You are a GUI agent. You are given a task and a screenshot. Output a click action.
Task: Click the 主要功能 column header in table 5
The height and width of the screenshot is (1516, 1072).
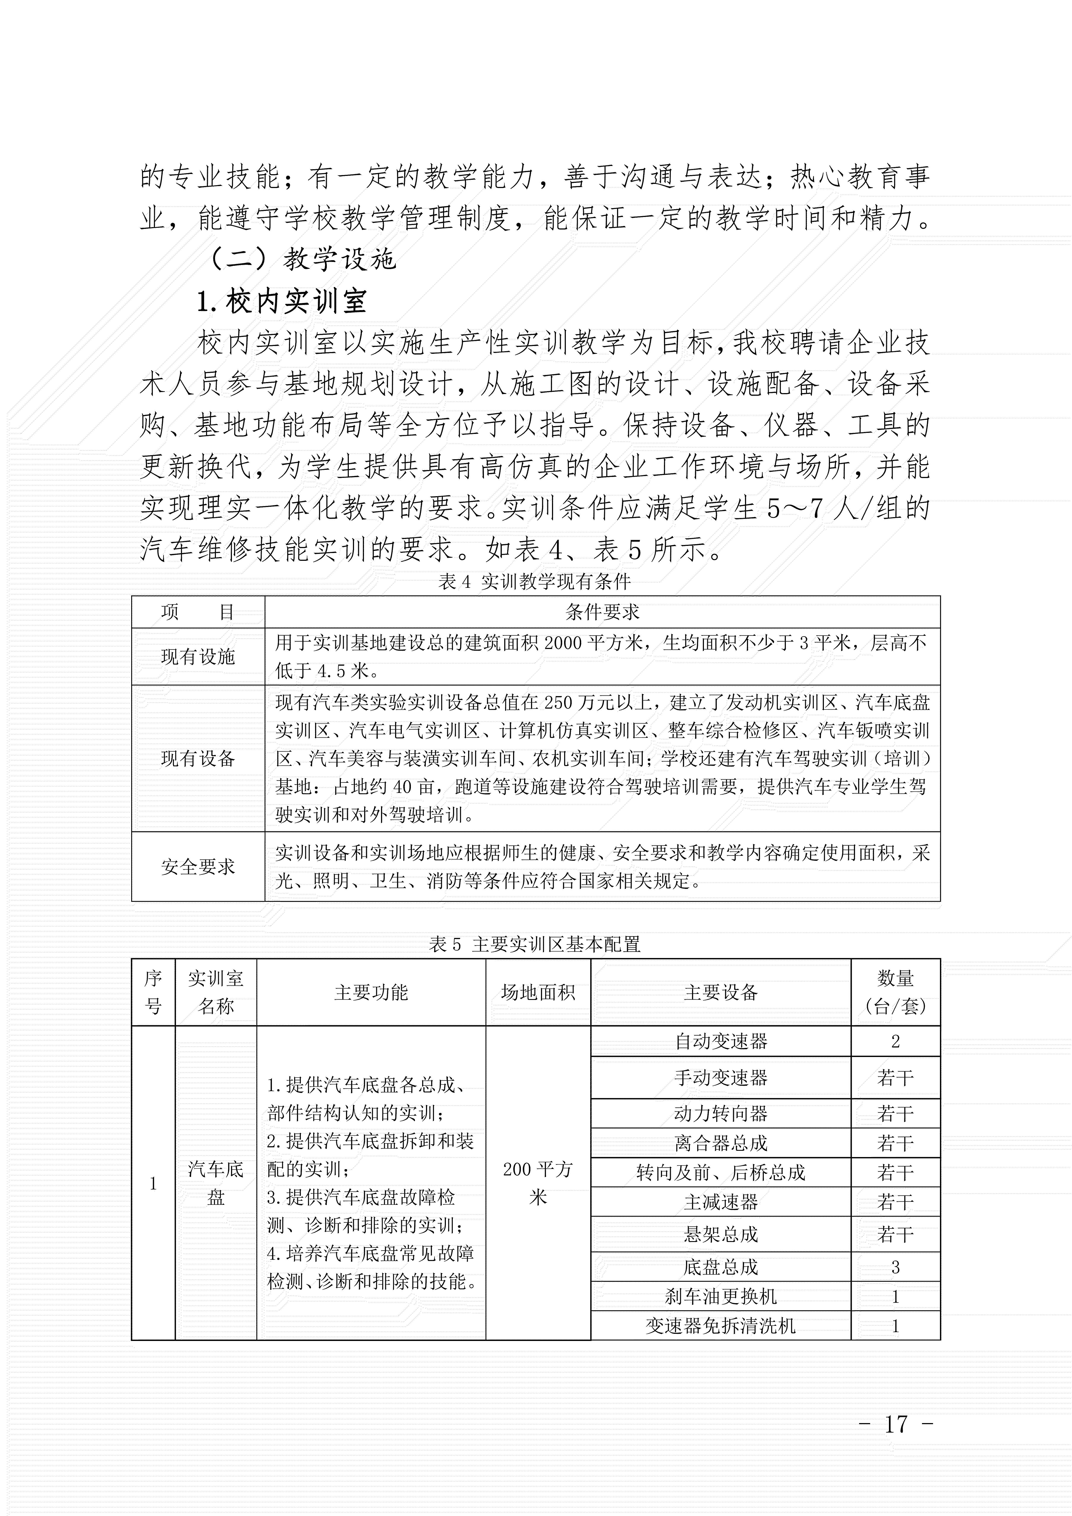tap(371, 992)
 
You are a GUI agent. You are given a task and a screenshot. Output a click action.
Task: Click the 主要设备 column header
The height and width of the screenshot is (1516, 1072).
tap(721, 992)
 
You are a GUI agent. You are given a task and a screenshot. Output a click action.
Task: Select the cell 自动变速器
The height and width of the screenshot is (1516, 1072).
tap(721, 1042)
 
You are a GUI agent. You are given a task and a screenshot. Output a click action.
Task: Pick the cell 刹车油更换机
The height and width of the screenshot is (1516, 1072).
tap(721, 1296)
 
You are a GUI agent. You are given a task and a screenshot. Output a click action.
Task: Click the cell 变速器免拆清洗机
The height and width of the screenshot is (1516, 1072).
tap(721, 1326)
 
